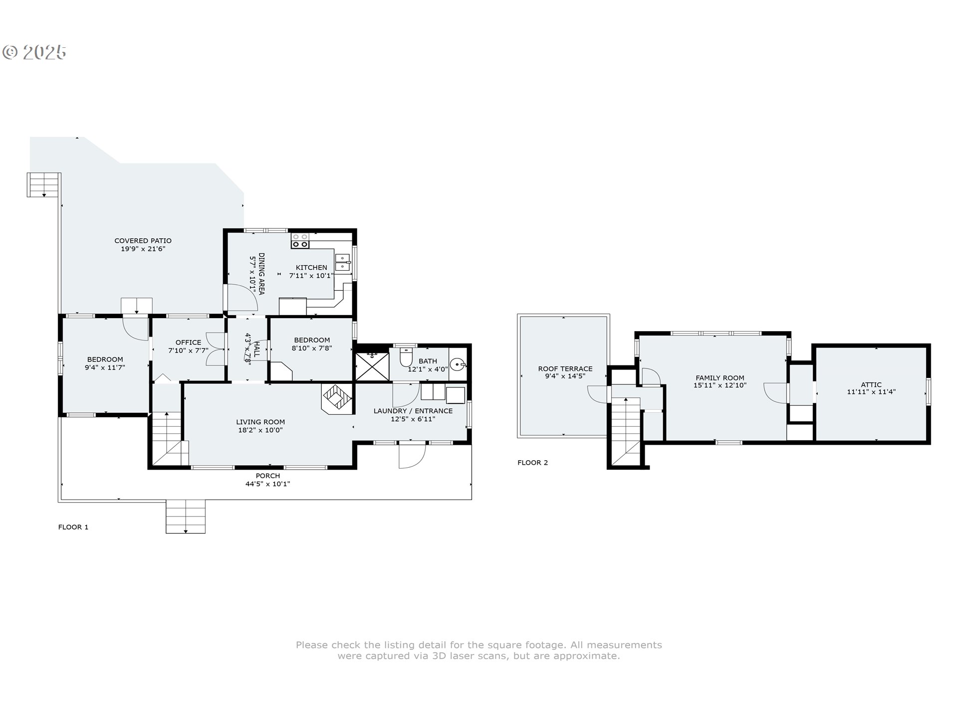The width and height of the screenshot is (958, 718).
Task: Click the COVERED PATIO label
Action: pyautogui.click(x=143, y=241)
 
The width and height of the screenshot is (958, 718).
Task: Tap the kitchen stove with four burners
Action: pyautogui.click(x=300, y=241)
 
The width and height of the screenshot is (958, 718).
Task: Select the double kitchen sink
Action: pyautogui.click(x=343, y=262)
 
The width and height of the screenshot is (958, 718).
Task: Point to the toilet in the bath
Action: pyautogui.click(x=407, y=358)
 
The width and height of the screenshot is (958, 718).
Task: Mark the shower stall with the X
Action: pyautogui.click(x=372, y=367)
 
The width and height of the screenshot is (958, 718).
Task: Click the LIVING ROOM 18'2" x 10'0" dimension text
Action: pyautogui.click(x=260, y=430)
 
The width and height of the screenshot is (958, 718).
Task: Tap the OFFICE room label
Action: pyautogui.click(x=188, y=343)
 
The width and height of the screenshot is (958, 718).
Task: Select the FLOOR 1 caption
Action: pyautogui.click(x=73, y=527)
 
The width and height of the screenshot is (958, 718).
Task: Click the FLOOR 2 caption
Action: pyautogui.click(x=532, y=463)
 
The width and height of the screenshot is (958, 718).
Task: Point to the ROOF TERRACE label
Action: pyautogui.click(x=565, y=369)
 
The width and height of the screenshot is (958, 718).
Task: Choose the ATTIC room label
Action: pyautogui.click(x=871, y=385)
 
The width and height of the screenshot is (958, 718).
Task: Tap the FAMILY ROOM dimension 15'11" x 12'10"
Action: pyautogui.click(x=720, y=385)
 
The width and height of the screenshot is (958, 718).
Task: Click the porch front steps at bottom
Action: pyautogui.click(x=186, y=516)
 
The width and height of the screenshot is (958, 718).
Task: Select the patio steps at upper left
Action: pyautogui.click(x=44, y=184)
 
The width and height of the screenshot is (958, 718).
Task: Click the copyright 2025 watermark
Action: pyautogui.click(x=34, y=52)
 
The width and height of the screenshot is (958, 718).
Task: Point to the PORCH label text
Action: pyautogui.click(x=268, y=476)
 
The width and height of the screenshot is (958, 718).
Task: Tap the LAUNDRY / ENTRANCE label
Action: pyautogui.click(x=413, y=411)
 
